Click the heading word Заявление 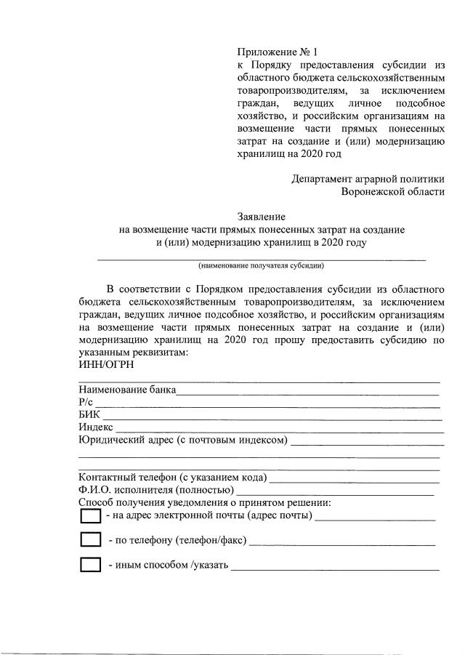[x=262, y=216]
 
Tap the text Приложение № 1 [x=278, y=52]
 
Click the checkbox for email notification [x=90, y=516]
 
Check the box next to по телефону [x=90, y=540]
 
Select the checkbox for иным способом [x=90, y=565]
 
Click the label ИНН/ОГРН [x=105, y=365]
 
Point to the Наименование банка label [x=127, y=390]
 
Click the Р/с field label [x=86, y=402]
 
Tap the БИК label [x=89, y=414]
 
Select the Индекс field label [x=95, y=427]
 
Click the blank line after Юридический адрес [x=367, y=442]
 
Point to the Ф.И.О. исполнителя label [x=156, y=491]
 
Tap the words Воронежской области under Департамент [x=393, y=192]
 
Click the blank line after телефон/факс [x=341, y=542]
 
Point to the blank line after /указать [x=335, y=567]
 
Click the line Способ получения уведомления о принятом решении [x=205, y=503]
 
